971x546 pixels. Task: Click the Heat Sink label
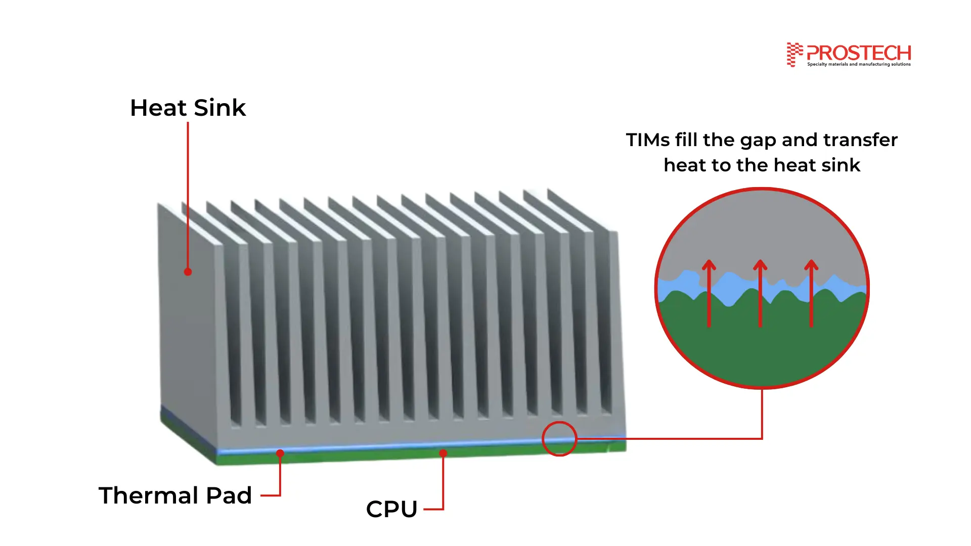(188, 108)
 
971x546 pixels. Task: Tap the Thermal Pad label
(175, 495)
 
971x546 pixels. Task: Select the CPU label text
(391, 509)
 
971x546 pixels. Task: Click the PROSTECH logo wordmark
(859, 53)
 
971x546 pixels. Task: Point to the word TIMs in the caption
(647, 140)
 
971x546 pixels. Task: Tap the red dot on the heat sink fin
(188, 272)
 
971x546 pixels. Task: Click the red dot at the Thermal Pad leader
(280, 453)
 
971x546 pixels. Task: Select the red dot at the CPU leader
(443, 453)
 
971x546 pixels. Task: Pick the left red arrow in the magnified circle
(709, 293)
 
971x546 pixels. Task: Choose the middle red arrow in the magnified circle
(760, 293)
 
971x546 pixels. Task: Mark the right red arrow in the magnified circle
(811, 293)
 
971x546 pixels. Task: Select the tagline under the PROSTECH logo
(859, 64)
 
